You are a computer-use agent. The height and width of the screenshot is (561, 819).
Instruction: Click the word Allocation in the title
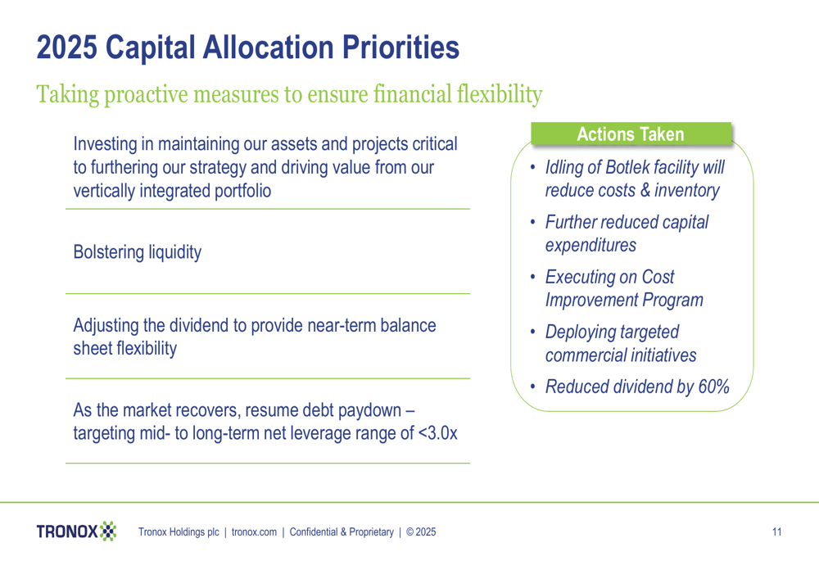tap(269, 47)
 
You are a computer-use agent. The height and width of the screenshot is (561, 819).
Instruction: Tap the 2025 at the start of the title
tap(67, 47)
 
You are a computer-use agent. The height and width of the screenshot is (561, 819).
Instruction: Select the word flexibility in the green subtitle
tap(500, 94)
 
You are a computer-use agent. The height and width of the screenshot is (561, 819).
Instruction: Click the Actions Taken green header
tap(631, 133)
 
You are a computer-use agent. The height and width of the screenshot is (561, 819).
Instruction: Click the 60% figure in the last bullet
tap(713, 387)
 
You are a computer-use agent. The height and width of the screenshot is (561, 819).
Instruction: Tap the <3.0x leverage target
tap(437, 433)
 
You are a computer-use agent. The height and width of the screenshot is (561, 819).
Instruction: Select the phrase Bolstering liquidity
tap(138, 252)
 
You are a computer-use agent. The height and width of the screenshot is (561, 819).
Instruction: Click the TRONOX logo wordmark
tap(67, 532)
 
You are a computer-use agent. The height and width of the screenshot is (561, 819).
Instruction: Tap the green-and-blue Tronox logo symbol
tap(108, 532)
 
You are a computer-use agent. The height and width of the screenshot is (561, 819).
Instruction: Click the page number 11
tap(776, 532)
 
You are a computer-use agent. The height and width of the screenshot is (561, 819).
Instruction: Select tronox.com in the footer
tap(254, 532)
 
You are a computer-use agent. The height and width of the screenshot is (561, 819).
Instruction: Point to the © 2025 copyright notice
tap(421, 532)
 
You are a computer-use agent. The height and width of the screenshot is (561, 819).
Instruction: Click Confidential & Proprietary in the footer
tap(342, 532)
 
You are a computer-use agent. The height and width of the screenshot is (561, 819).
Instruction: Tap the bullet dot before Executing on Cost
tap(533, 277)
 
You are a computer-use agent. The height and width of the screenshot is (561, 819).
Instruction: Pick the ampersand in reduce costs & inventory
tap(645, 190)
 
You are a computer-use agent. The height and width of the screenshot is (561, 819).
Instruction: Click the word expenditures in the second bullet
tap(590, 246)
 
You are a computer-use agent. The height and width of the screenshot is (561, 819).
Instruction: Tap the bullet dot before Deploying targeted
tap(533, 332)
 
